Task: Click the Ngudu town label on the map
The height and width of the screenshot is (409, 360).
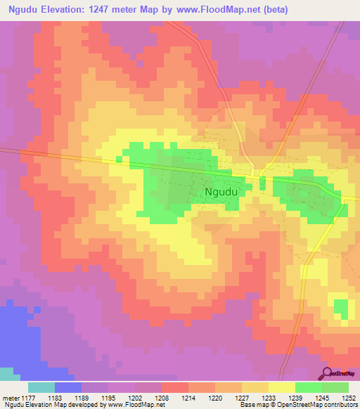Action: coord(219,190)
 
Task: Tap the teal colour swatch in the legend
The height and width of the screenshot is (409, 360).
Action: coord(41,387)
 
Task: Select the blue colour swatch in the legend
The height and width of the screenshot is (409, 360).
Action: coord(68,387)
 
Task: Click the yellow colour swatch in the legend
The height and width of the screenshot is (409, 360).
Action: coord(281,387)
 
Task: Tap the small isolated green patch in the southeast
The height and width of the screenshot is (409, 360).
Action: coord(340,307)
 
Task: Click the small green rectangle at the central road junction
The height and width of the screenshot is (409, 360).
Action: coord(262,183)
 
